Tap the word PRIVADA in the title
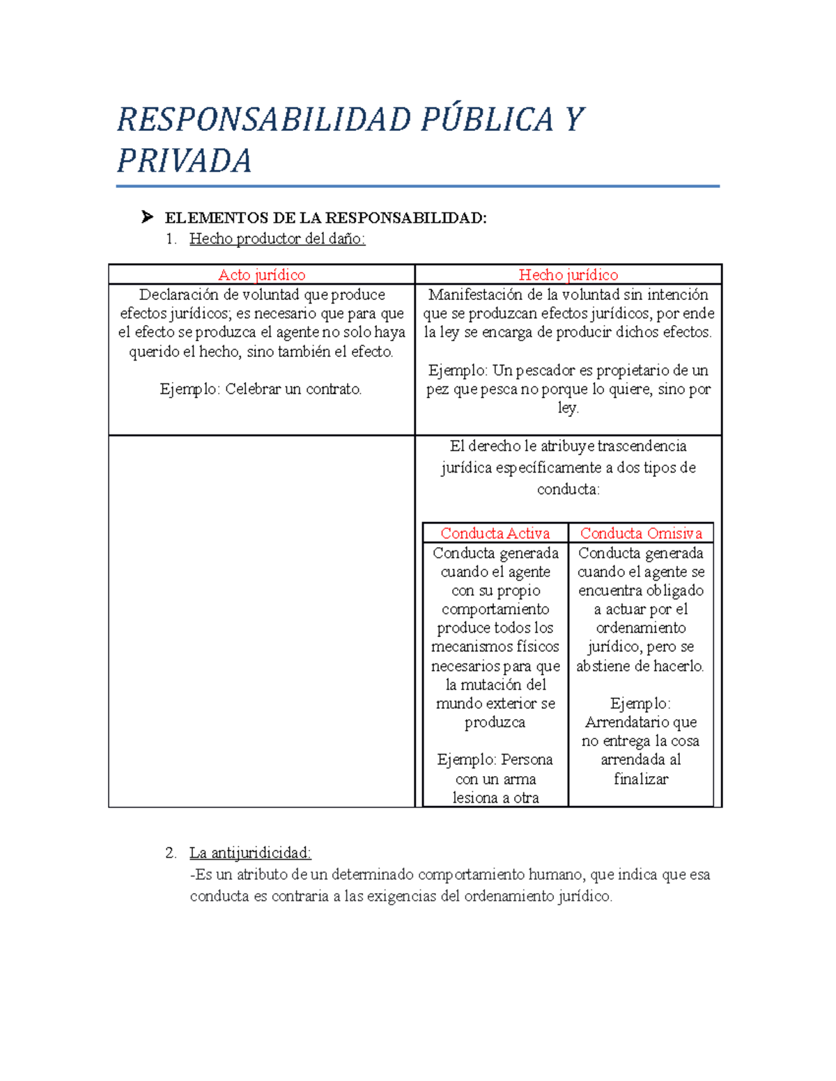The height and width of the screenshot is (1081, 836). (184, 161)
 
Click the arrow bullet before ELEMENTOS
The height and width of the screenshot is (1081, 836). (146, 217)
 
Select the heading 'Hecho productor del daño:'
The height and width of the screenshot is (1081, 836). (277, 239)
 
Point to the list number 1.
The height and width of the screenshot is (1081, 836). (171, 239)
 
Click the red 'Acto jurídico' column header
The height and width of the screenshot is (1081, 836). (261, 275)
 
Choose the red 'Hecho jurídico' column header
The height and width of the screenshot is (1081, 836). (568, 275)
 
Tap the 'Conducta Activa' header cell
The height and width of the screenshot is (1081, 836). (495, 533)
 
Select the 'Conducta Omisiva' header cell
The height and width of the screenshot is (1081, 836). (641, 533)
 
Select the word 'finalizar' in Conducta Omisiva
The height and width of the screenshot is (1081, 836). (641, 779)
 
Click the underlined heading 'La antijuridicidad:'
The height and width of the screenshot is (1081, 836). (250, 853)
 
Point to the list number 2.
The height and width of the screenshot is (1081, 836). (171, 853)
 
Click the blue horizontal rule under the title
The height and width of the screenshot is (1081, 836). (417, 187)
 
